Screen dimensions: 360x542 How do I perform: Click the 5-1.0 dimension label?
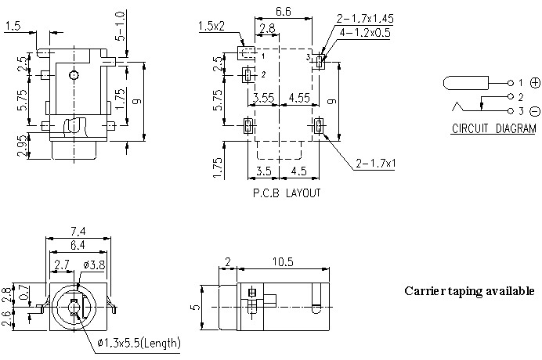(x=120, y=27)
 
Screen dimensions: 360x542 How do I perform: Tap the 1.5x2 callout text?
(x=211, y=27)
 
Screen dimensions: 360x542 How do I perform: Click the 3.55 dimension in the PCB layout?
(x=264, y=99)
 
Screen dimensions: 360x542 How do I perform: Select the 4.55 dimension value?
(x=298, y=99)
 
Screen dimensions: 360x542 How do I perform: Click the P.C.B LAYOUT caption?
(x=285, y=193)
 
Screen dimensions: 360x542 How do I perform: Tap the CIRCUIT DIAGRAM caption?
(x=493, y=129)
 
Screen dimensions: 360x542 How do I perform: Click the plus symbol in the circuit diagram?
(x=535, y=82)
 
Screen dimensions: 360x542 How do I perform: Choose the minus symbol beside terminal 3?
(x=535, y=111)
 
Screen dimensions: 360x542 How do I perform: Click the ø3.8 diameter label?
(x=96, y=266)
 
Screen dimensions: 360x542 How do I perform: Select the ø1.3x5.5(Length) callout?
(x=139, y=343)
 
